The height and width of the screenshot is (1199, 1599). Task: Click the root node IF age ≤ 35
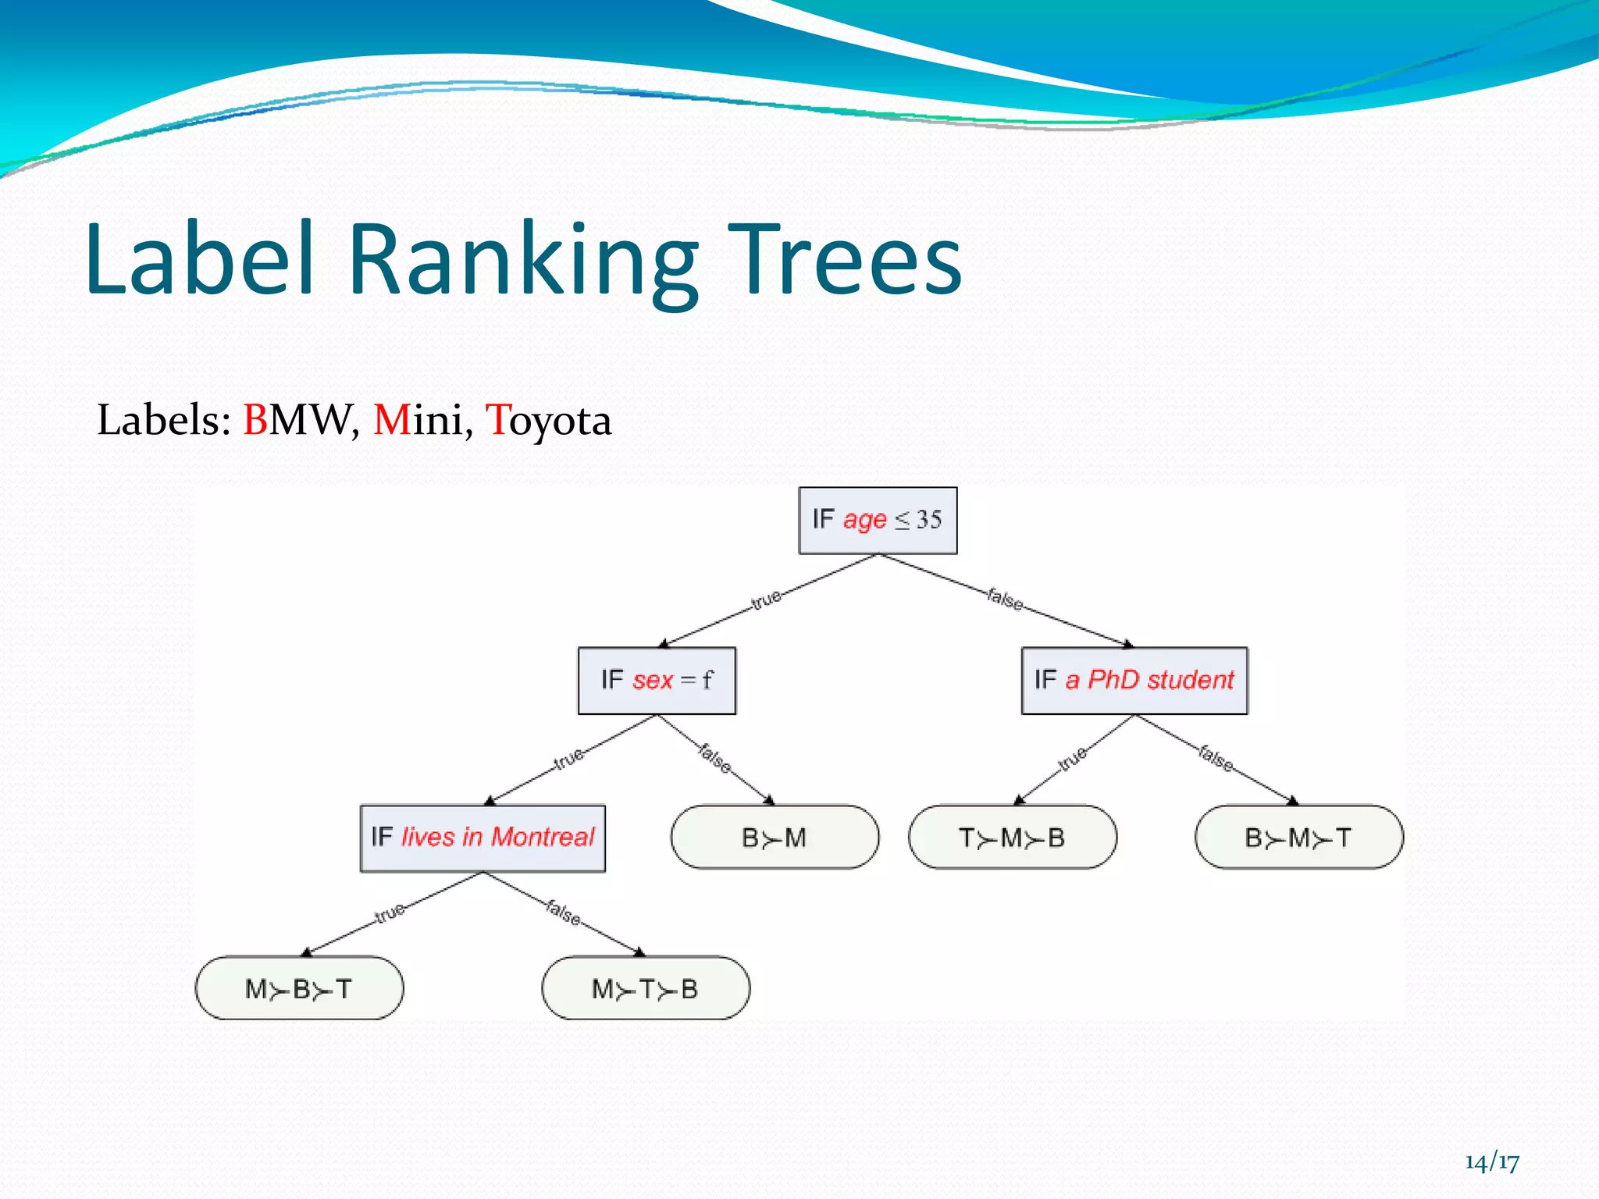(x=878, y=521)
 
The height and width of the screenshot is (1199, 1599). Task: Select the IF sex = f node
(x=657, y=681)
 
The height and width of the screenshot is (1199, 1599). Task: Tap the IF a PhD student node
(x=1134, y=681)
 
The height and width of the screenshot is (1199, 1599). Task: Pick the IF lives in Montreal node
(x=483, y=838)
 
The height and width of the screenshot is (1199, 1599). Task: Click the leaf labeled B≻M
(x=775, y=838)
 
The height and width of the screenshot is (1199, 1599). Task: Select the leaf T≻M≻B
(x=1012, y=838)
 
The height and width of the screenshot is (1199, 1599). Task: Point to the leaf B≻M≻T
(x=1298, y=838)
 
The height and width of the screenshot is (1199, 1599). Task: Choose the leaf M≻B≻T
(x=299, y=988)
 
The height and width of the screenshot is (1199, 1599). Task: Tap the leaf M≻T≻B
(x=645, y=988)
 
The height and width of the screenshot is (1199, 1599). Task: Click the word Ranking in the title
(x=522, y=260)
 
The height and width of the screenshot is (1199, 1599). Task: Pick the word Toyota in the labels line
(x=548, y=420)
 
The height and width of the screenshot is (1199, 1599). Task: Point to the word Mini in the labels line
(x=419, y=420)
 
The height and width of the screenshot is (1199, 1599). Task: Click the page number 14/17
(x=1492, y=1162)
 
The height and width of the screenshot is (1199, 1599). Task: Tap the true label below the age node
(x=766, y=599)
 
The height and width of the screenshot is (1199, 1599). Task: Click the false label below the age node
(x=1005, y=599)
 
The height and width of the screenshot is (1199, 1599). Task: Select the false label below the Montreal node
(x=563, y=912)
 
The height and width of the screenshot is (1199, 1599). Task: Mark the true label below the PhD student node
(x=1072, y=758)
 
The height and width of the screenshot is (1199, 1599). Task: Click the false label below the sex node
(x=715, y=758)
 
